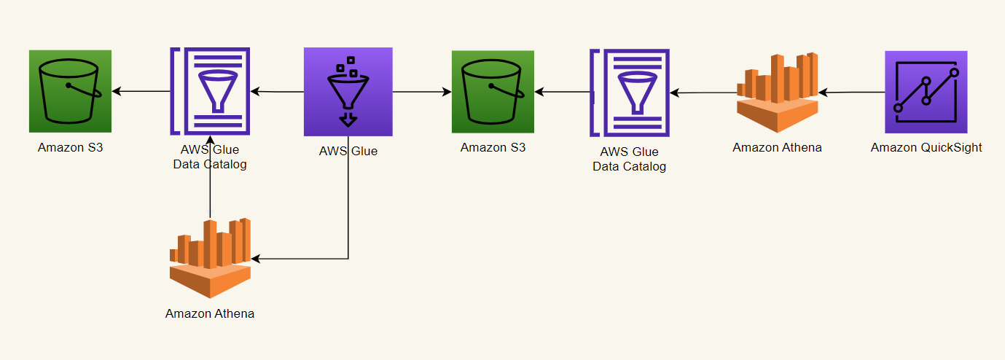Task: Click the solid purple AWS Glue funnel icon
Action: [x=348, y=91]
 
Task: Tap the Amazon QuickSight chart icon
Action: [x=926, y=92]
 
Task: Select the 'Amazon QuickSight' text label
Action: [x=926, y=147]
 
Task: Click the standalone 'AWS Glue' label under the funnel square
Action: [x=348, y=152]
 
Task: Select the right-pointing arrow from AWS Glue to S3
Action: [x=421, y=92]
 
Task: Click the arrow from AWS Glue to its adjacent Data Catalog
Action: [x=277, y=92]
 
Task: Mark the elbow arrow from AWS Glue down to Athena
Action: [x=348, y=219]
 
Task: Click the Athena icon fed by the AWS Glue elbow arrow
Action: [x=210, y=258]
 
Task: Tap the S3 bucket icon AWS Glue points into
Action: [x=493, y=92]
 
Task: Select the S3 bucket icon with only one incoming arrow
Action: [x=70, y=91]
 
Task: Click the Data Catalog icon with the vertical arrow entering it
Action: [x=210, y=91]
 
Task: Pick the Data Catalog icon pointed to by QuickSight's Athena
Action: [x=630, y=93]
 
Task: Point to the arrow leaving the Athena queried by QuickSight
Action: [x=703, y=93]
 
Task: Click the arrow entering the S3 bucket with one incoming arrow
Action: [x=141, y=91]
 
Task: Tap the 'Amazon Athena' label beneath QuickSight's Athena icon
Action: [x=777, y=147]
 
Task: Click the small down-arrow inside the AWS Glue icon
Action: [x=349, y=119]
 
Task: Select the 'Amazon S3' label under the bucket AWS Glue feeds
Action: [x=493, y=147]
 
